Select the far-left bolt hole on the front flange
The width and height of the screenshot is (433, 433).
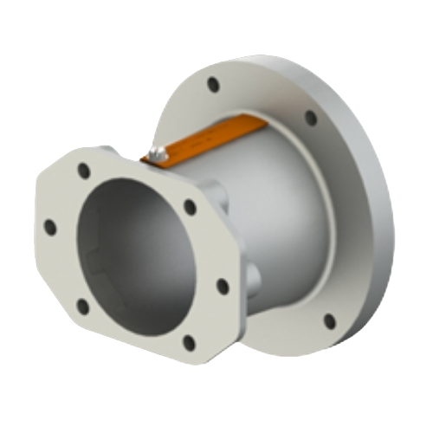tap(49, 227)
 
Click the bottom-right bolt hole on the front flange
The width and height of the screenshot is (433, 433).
tap(187, 339)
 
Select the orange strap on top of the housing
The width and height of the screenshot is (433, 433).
tap(208, 139)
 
